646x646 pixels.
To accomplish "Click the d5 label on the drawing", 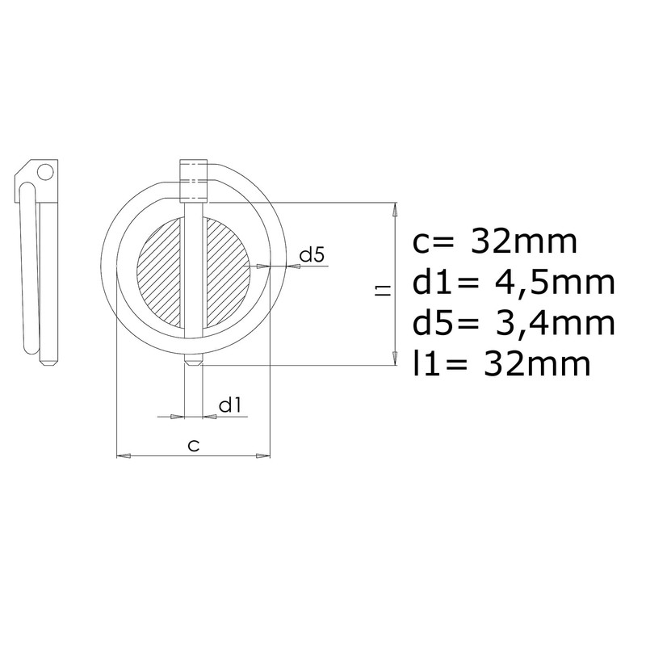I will (x=312, y=256).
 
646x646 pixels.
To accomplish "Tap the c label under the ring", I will (x=194, y=445).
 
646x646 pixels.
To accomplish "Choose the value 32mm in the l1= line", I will (x=534, y=364).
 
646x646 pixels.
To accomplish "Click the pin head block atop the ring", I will (x=194, y=179).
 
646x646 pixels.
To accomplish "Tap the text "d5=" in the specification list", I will (x=442, y=324).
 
